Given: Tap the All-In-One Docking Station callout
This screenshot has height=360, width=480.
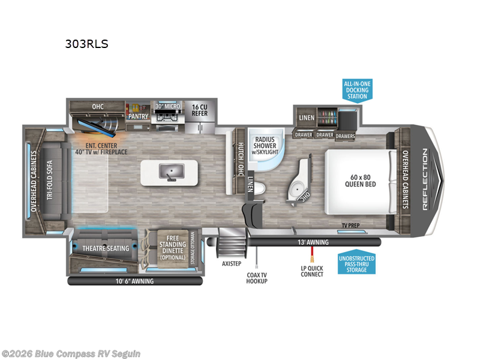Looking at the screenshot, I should [x=356, y=89].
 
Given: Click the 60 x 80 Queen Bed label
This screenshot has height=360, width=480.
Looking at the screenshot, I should [x=362, y=180].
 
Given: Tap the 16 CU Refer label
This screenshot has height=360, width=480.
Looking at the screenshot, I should [x=199, y=110].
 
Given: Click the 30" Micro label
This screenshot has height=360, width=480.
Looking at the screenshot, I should [x=168, y=107].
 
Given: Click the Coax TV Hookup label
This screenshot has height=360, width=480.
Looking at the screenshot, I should [x=257, y=278].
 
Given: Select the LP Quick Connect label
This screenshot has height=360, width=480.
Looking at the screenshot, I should [x=312, y=271].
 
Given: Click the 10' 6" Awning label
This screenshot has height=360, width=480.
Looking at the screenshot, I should [x=134, y=281].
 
